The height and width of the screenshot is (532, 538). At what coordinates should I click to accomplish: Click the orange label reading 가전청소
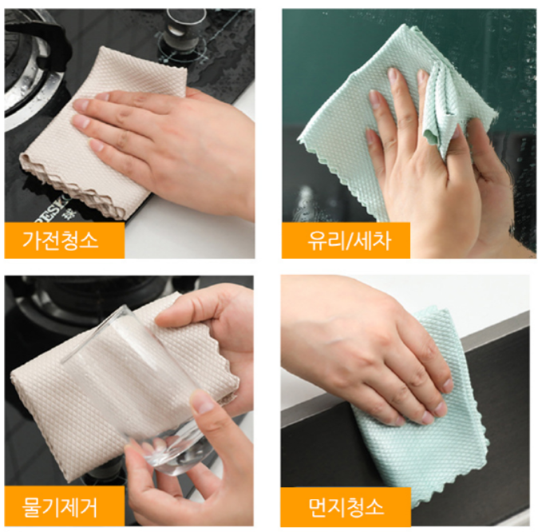64,240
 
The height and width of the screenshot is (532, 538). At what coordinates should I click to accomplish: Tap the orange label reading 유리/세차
346,240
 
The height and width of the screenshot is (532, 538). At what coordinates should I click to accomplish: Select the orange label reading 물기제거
64,506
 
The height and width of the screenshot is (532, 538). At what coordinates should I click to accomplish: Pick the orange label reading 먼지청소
346,506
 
